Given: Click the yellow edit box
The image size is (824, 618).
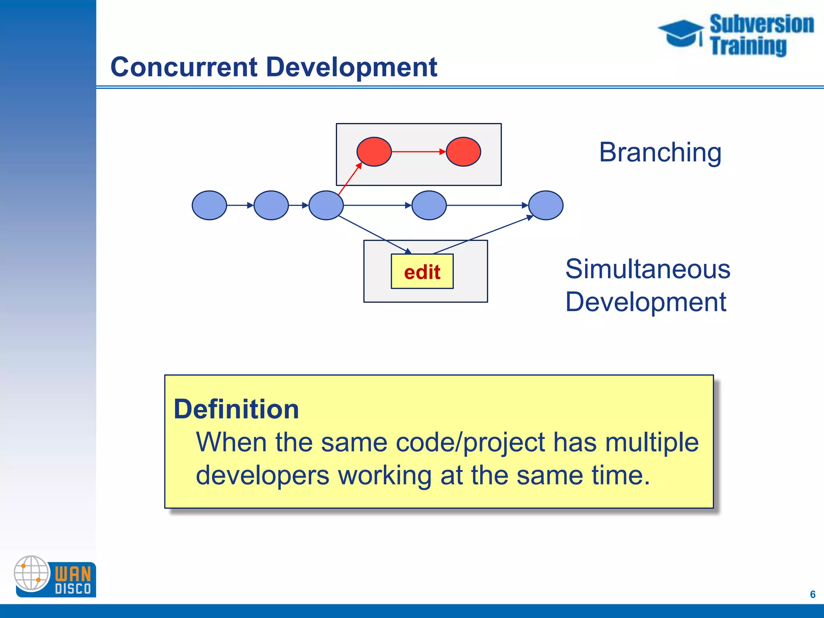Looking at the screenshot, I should tap(422, 272).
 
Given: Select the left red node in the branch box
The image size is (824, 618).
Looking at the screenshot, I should tap(374, 152).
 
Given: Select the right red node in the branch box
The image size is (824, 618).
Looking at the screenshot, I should tap(463, 152).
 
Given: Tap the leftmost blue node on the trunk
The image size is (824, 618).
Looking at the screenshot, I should tap(209, 205).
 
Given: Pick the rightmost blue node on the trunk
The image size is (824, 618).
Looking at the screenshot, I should tap(546, 205).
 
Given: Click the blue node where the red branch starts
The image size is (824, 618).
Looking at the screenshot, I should tap(326, 205).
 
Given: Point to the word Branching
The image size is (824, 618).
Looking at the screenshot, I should tap(660, 152).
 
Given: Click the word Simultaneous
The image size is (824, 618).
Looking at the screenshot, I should tap(647, 269).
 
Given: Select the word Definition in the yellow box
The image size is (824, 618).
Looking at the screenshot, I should tap(236, 409).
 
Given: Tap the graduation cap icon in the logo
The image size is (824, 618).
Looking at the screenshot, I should tap(681, 33).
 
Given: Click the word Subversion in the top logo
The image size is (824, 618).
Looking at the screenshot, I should tap(761, 24).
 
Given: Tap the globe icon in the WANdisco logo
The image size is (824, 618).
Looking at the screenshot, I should tap(31, 573).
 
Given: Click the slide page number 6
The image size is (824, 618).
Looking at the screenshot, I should tap(812, 594).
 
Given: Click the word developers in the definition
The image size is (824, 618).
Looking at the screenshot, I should tap(262, 476).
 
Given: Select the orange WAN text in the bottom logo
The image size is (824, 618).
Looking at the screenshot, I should tap(73, 573).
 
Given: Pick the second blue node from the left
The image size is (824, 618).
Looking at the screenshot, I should tap(271, 205).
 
